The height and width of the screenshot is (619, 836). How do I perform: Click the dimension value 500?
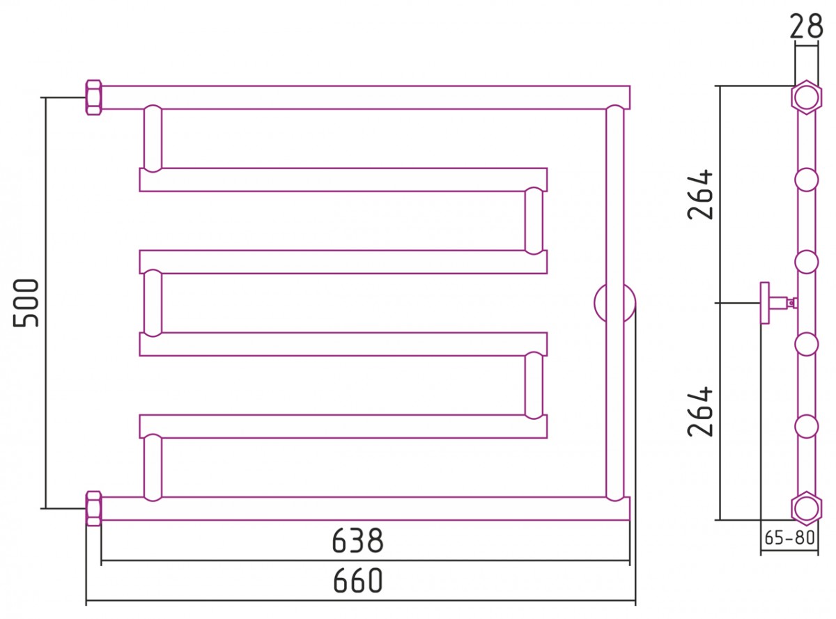[x=26, y=303]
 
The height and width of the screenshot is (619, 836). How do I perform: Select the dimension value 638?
[x=357, y=540]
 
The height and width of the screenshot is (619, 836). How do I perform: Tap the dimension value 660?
[x=357, y=581]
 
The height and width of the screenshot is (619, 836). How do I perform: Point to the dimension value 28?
[x=806, y=26]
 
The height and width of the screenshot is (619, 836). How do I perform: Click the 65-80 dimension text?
[x=789, y=538]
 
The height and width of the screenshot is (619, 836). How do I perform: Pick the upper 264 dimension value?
[x=700, y=195]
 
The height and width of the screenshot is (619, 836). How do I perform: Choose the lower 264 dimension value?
[x=700, y=412]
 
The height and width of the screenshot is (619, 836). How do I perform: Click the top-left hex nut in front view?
[x=93, y=97]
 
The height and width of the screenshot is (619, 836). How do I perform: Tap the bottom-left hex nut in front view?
[x=93, y=508]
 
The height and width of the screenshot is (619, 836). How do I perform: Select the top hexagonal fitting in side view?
[x=807, y=97]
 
